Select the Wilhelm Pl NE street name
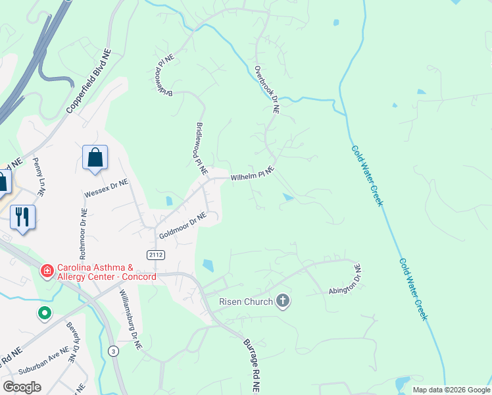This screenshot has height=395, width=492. click(252, 174)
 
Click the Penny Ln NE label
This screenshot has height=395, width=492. click(37, 178)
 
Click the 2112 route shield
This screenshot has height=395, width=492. click(155, 254)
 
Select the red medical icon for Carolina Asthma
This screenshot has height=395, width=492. click(47, 271)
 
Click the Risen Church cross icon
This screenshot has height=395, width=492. click(283, 301)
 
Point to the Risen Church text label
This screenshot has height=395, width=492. click(245, 302)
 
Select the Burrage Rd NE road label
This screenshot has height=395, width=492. click(251, 366)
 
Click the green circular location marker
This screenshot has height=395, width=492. click(44, 313)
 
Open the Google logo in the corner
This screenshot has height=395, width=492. click(22, 387)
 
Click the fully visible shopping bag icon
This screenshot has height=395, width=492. click(95, 158)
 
